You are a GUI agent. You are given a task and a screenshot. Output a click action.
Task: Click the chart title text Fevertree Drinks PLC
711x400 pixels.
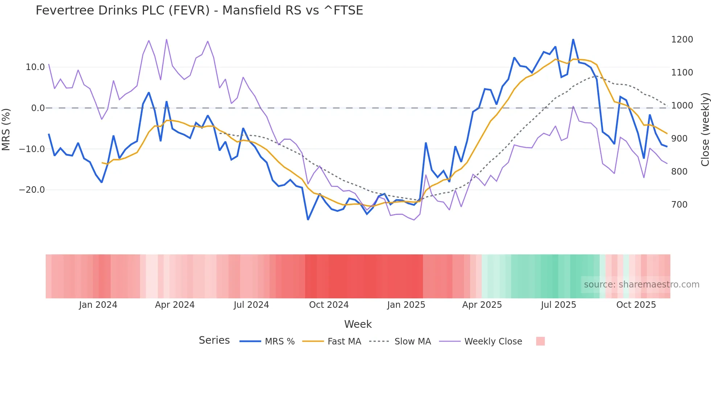coord(199,11)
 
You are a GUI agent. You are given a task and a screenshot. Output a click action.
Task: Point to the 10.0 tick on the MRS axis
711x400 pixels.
coord(35,67)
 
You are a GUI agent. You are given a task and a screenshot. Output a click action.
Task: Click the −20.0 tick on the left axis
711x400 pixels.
coord(32,190)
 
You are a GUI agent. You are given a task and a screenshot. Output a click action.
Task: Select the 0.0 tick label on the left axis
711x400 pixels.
coord(38,108)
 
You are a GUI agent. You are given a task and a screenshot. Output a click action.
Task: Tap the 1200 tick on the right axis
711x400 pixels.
coord(682,40)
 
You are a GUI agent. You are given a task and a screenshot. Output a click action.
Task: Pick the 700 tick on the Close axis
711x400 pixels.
coord(679,205)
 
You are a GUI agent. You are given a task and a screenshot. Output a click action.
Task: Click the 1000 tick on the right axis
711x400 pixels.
coord(682,106)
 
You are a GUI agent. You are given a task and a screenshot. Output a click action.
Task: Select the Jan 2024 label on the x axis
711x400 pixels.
coord(98,305)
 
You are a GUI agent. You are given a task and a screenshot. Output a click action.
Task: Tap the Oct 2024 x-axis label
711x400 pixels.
coord(329,305)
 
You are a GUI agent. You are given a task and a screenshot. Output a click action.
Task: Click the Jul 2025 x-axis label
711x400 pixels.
coord(558,305)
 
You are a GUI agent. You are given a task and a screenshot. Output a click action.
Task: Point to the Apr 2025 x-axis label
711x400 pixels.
coord(482,305)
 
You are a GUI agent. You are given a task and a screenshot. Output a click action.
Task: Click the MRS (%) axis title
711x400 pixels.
coord(6,129)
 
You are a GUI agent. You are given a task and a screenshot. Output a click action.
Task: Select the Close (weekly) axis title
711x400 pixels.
coord(705,130)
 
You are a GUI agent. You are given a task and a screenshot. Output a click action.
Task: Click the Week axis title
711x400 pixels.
coord(358,324)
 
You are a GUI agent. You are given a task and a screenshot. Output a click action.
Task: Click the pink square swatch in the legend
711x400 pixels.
coord(540,341)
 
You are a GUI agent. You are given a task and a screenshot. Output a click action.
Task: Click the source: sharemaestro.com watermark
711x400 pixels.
coord(641,285)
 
